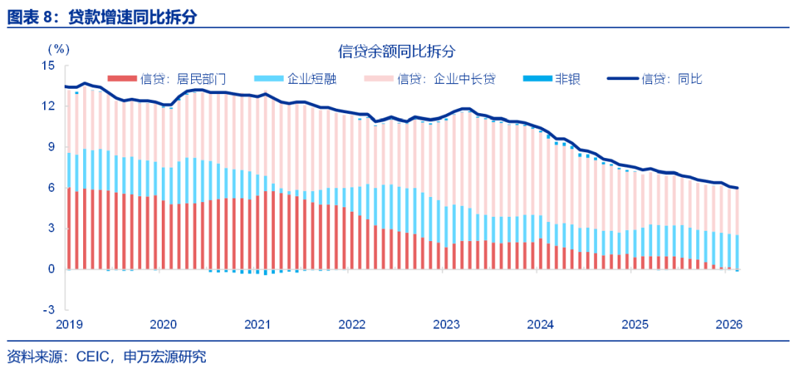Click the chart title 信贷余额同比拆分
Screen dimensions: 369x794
397,51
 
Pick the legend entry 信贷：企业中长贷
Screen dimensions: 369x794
446,79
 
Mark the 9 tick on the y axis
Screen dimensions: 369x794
51,147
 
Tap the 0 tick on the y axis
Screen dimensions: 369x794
51,269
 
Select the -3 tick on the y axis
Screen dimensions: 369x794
50,309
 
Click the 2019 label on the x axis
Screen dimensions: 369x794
68,325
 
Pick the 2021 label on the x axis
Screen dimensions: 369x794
257,325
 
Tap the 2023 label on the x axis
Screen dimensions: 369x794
446,325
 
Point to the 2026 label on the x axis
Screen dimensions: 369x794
729,325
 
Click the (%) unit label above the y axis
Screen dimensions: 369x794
59,49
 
